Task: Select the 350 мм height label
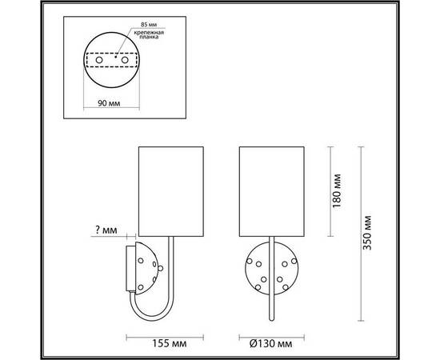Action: [x=366, y=232]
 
